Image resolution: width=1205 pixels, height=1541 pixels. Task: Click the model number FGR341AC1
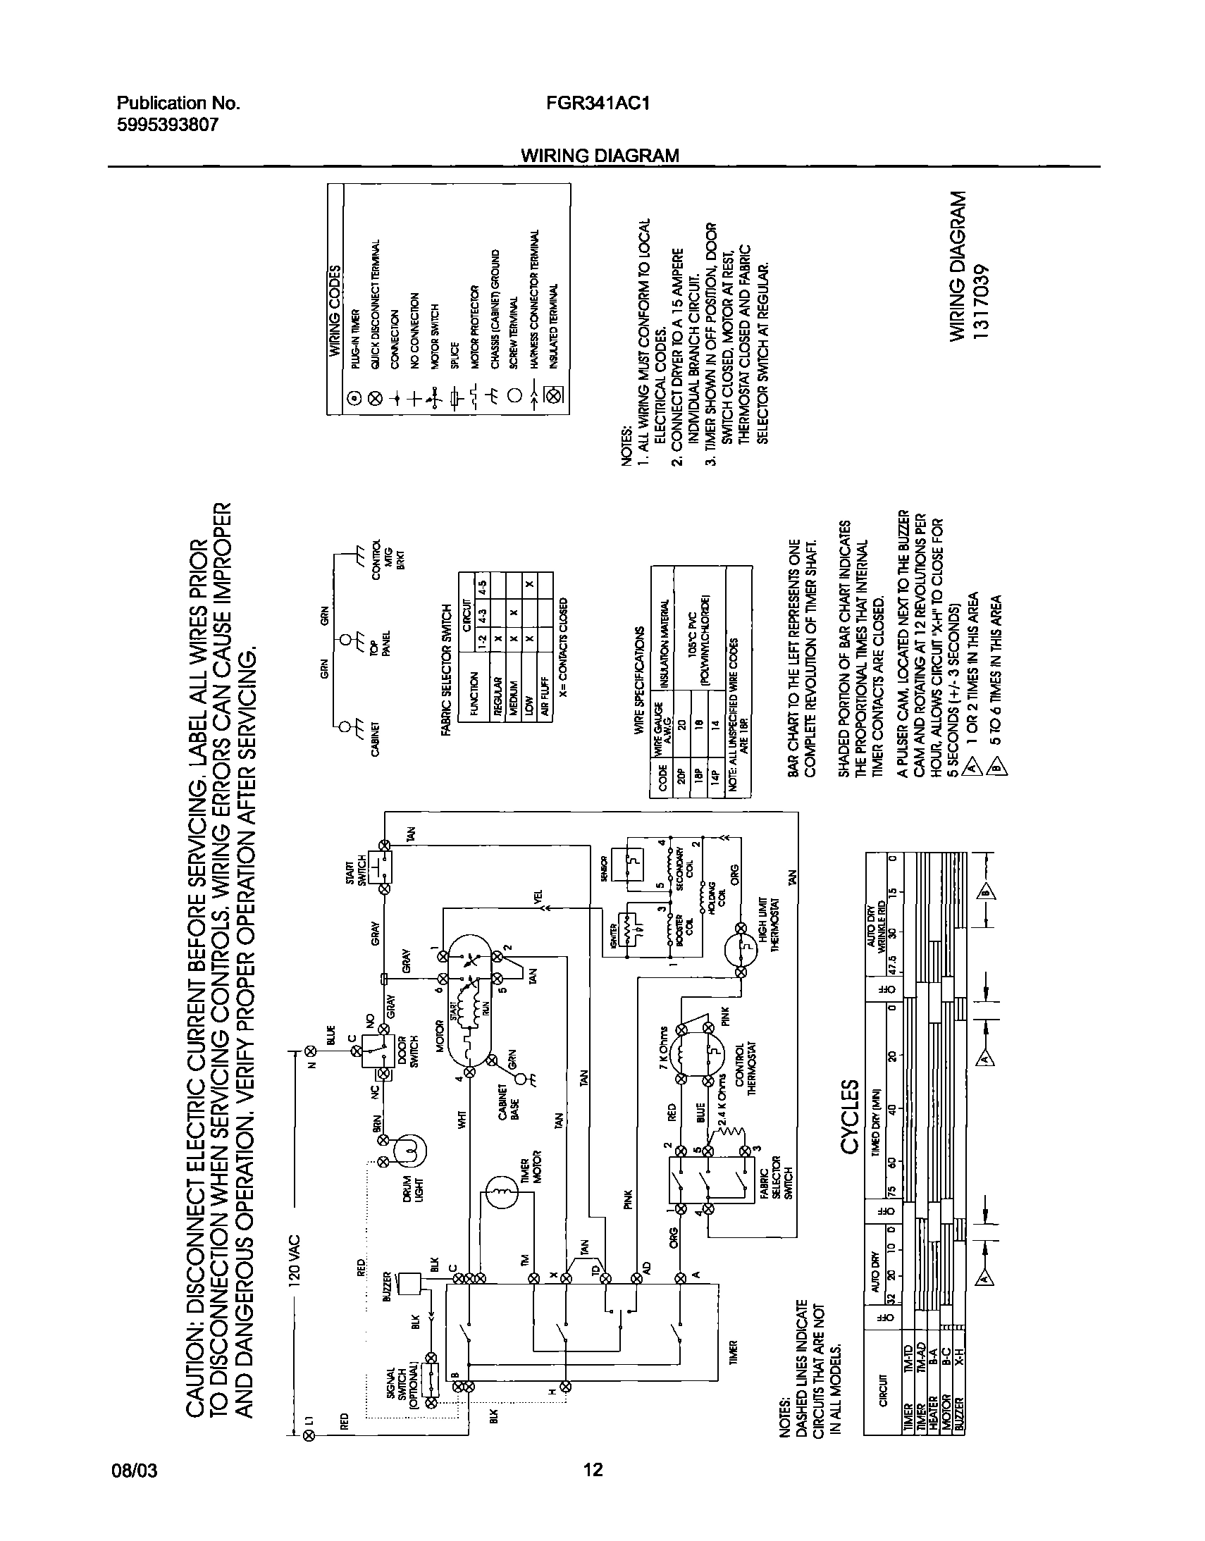(x=597, y=104)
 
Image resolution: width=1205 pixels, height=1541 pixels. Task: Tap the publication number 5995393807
(x=167, y=125)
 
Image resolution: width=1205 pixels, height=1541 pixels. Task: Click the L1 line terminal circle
(x=308, y=1435)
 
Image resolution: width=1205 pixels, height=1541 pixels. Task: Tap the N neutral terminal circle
(x=308, y=1051)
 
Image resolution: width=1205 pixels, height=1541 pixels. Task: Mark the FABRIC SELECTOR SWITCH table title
(x=446, y=669)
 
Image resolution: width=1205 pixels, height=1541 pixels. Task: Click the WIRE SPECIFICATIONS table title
(x=639, y=681)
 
